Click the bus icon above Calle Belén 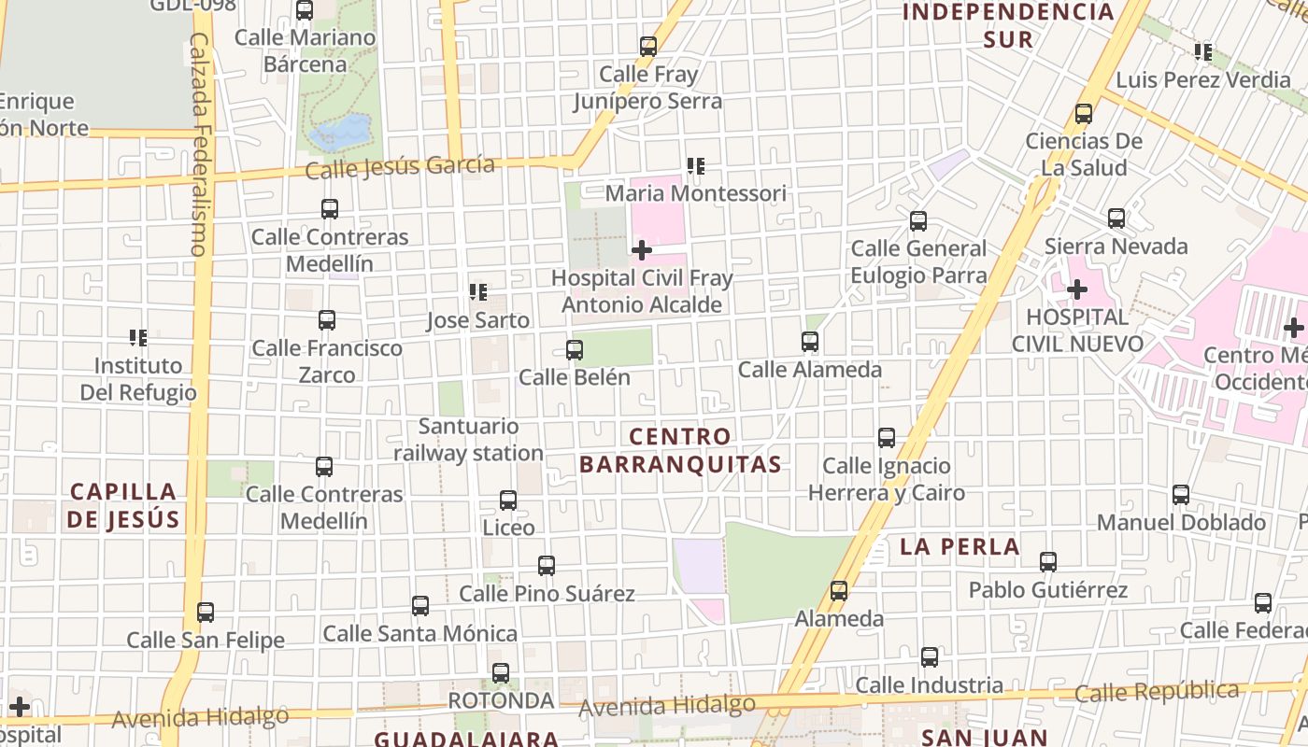tap(575, 350)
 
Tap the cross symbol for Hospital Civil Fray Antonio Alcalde tap(642, 249)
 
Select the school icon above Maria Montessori tap(695, 166)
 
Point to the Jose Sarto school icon tap(478, 292)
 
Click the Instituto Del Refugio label tap(138, 378)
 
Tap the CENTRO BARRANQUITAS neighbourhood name tap(680, 450)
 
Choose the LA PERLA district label tap(960, 547)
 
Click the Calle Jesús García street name tap(400, 167)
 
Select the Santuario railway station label tap(468, 440)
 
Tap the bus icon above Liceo tap(508, 500)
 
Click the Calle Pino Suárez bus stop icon tap(547, 566)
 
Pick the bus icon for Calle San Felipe tap(206, 613)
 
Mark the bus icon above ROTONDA tap(501, 673)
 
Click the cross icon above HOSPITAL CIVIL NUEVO tap(1077, 289)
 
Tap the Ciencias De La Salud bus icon tap(1084, 114)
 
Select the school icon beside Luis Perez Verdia tap(1203, 52)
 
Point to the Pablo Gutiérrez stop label tap(1048, 590)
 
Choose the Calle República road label tap(1157, 692)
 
